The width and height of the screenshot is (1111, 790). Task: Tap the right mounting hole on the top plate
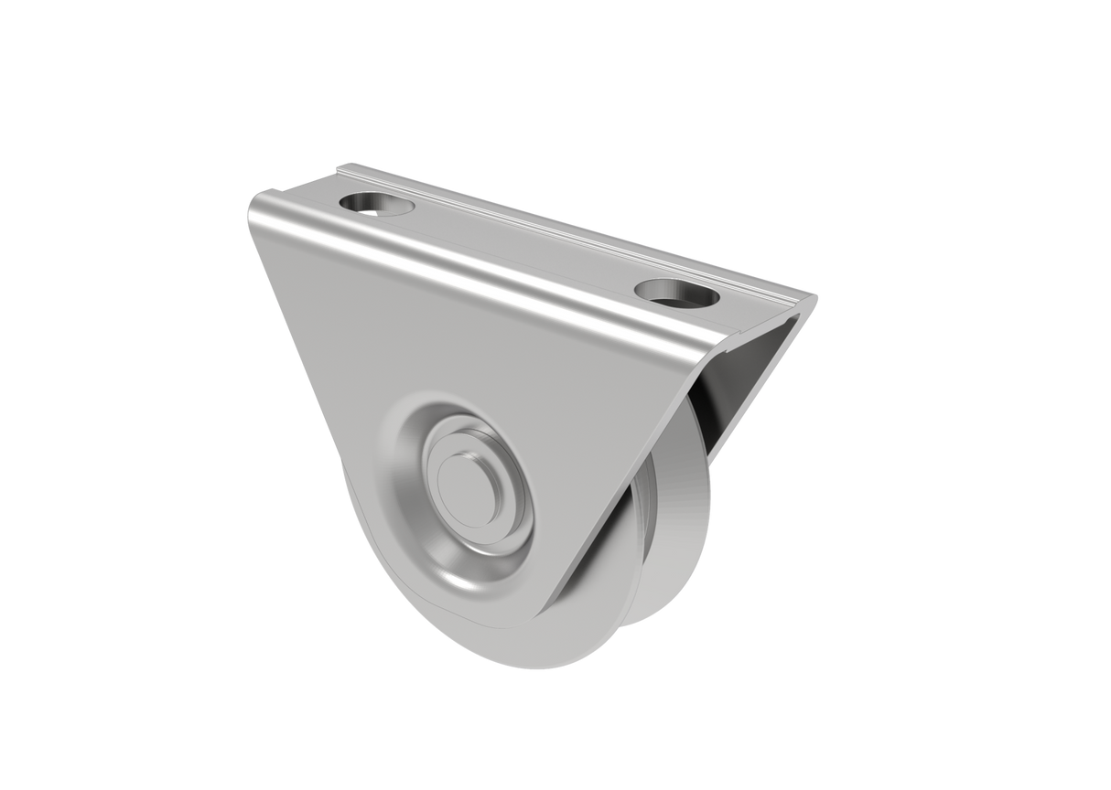coord(674,294)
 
